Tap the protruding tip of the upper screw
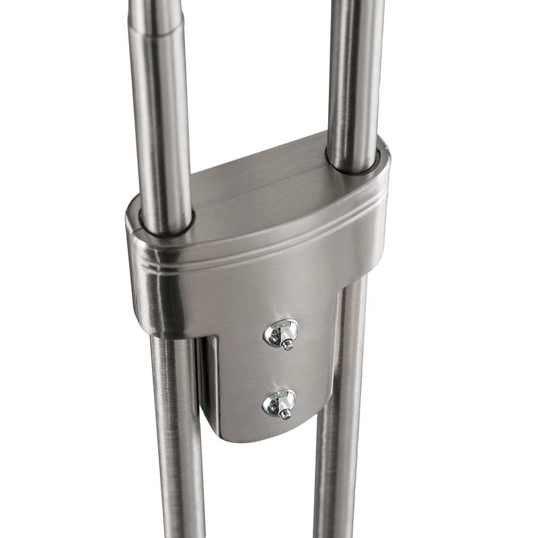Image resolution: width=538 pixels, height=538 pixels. (x=287, y=344)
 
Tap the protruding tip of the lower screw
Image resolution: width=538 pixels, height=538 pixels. (x=285, y=414)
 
